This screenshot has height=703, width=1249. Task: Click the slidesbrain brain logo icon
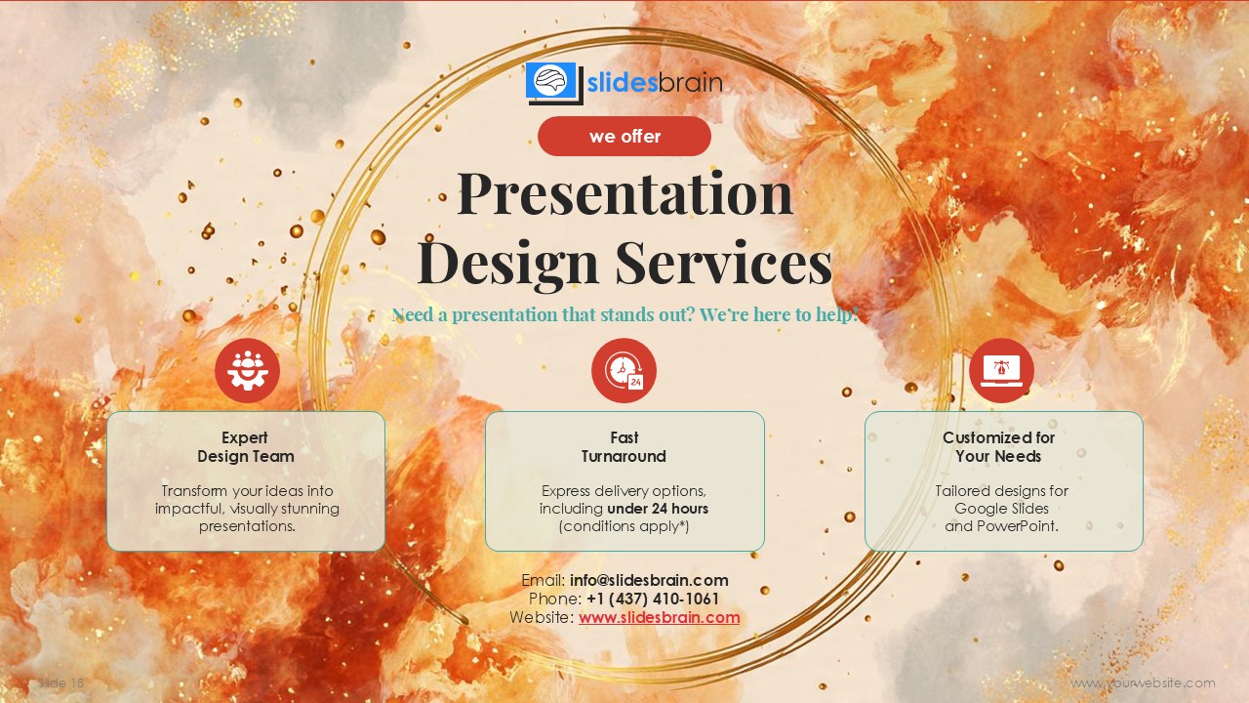tap(551, 82)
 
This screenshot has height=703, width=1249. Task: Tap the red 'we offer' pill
tap(624, 137)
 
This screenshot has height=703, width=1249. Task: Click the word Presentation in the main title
tap(624, 193)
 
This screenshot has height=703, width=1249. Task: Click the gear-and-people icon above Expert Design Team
tap(247, 371)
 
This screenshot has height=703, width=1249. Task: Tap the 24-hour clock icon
tap(624, 371)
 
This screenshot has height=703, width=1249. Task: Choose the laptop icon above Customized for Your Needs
tap(1001, 371)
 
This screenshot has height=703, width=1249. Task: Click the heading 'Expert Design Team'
tap(245, 447)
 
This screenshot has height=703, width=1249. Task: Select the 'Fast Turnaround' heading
tap(624, 447)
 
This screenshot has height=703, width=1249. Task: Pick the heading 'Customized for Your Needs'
tap(998, 447)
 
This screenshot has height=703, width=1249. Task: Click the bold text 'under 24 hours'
tap(658, 509)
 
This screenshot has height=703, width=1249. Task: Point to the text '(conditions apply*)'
tap(624, 526)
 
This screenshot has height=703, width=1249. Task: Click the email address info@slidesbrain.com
tap(649, 580)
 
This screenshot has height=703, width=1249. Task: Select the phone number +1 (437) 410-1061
tap(653, 599)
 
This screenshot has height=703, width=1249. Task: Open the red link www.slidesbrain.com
tap(659, 617)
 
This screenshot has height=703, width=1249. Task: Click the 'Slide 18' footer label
tap(61, 683)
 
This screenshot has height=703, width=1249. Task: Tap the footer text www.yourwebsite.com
tap(1143, 683)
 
